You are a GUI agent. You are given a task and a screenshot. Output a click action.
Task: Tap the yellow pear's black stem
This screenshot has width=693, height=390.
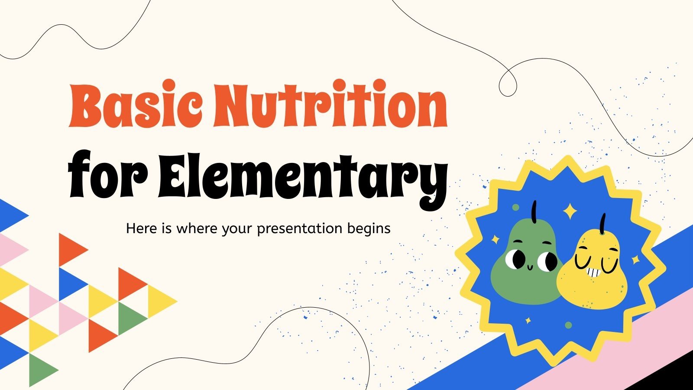[602, 224]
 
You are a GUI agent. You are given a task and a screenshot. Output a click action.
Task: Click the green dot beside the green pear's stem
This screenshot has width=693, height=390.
[515, 207]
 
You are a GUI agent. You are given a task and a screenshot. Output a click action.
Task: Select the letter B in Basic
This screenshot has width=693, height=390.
[86, 104]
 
